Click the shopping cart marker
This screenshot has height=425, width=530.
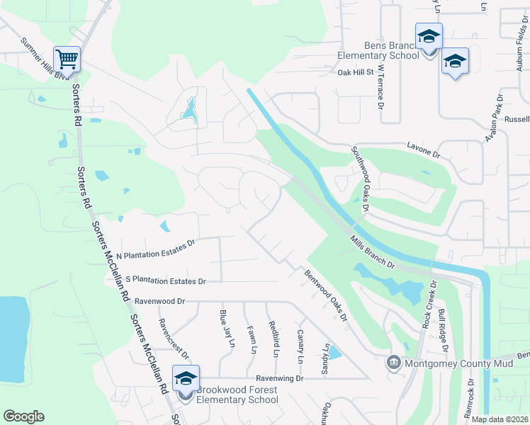tap(67, 57)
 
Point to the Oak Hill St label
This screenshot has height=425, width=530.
tap(355, 72)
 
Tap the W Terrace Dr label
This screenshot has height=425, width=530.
tap(380, 88)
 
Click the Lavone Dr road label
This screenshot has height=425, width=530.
tap(424, 148)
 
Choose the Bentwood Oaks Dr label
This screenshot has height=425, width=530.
tap(326, 295)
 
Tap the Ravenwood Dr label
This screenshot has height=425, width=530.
tap(159, 301)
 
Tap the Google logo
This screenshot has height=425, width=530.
tap(23, 416)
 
